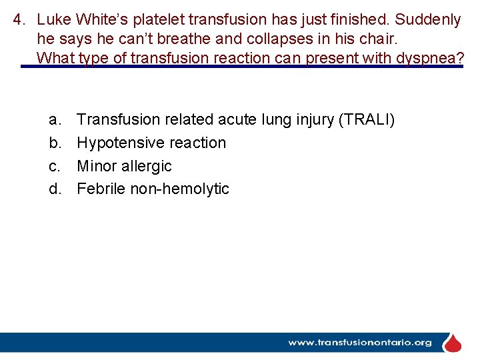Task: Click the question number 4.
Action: [19, 20]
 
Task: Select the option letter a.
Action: [54, 120]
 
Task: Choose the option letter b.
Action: [54, 143]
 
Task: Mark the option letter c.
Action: [54, 166]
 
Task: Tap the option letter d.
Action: [54, 189]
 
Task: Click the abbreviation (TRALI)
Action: [367, 120]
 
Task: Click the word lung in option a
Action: [280, 120]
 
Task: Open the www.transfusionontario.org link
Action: [359, 343]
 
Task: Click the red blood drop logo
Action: [453, 343]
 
